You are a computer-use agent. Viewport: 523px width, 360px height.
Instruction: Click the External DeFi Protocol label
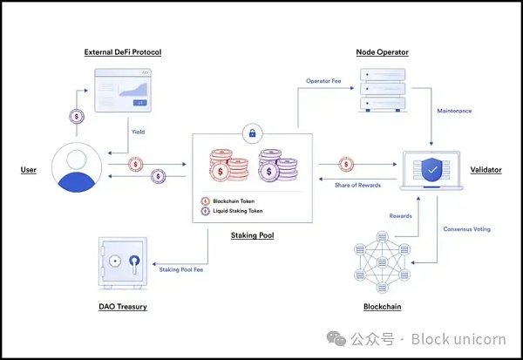pyautogui.click(x=123, y=52)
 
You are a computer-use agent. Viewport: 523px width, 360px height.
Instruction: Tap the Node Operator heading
pyautogui.click(x=383, y=52)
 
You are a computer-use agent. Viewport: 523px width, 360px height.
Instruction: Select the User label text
pyautogui.click(x=29, y=169)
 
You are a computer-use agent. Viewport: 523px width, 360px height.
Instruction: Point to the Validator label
pyautogui.click(x=486, y=169)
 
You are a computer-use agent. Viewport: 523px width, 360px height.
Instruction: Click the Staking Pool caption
pyautogui.click(x=252, y=235)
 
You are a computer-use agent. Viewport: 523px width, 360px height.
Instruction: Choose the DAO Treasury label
pyautogui.click(x=123, y=307)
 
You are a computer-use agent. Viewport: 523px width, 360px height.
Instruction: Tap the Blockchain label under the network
pyautogui.click(x=383, y=307)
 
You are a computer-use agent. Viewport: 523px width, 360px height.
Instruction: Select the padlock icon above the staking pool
pyautogui.click(x=252, y=133)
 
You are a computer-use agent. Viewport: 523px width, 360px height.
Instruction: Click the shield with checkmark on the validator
pyautogui.click(x=432, y=169)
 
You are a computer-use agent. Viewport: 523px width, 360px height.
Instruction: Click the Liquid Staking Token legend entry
pyautogui.click(x=238, y=211)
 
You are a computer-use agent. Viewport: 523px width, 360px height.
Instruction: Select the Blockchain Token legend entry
pyautogui.click(x=235, y=201)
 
